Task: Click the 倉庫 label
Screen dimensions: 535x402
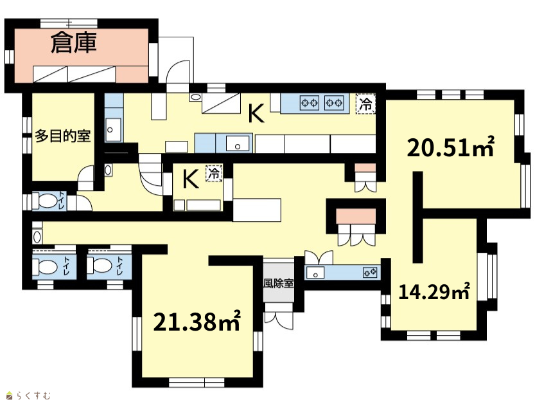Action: click(74, 42)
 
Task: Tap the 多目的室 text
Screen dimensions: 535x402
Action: click(63, 136)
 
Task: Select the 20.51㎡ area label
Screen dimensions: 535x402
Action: click(451, 147)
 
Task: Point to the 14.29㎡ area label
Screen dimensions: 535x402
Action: click(434, 291)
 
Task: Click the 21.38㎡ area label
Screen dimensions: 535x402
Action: click(197, 322)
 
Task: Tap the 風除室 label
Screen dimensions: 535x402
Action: click(279, 284)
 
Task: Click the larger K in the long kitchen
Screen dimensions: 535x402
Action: click(256, 113)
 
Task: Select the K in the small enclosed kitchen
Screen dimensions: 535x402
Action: click(191, 179)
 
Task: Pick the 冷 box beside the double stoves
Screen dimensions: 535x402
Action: click(366, 104)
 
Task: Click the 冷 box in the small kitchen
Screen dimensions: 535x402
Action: click(214, 173)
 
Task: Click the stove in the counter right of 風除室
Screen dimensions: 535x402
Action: click(370, 273)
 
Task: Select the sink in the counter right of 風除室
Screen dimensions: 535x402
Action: click(315, 273)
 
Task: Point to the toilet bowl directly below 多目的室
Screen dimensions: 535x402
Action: click(46, 201)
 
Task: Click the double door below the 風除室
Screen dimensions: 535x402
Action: click(279, 320)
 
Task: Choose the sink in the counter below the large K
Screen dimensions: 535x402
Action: click(238, 143)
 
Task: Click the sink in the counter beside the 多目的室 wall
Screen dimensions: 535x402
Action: click(113, 130)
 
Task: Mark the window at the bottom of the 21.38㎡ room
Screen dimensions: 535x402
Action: click(197, 382)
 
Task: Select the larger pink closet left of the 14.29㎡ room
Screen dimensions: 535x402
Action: click(356, 216)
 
